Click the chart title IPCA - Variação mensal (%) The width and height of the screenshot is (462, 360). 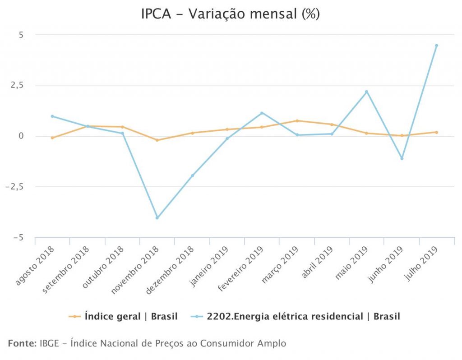pos(231,14)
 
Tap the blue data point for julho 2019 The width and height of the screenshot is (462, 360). pos(436,46)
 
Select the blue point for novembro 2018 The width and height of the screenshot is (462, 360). pos(157,218)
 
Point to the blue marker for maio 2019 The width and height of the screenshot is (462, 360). pos(366,92)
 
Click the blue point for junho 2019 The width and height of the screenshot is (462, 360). pos(402,158)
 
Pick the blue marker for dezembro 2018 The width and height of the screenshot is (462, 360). pos(192,175)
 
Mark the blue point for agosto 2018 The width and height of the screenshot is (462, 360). pos(52,116)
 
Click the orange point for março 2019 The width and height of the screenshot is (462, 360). pos(297,121)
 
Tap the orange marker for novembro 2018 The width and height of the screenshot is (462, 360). pos(157,140)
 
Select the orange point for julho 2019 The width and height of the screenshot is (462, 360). pos(436,132)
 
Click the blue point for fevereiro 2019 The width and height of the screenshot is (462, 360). pos(262,113)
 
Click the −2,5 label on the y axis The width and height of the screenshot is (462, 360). pos(18,187)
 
